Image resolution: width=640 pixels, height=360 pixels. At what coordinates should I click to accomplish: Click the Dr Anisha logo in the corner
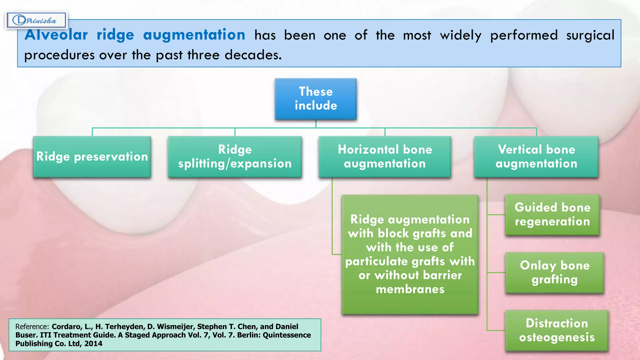click(36, 21)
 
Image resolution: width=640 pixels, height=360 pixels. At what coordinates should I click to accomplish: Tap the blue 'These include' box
click(316, 99)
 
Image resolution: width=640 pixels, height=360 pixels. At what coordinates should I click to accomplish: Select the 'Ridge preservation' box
click(92, 157)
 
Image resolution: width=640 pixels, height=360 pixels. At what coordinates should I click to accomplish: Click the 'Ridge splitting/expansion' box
click(235, 157)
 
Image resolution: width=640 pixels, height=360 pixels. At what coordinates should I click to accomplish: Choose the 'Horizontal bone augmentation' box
click(385, 157)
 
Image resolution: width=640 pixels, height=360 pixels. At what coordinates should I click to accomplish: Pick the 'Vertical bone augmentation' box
click(536, 157)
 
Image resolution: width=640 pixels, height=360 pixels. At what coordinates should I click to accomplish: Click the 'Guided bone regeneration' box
click(552, 215)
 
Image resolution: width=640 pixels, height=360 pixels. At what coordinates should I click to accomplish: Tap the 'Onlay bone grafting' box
click(554, 272)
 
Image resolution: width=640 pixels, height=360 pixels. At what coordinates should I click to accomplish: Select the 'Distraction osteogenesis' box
click(557, 330)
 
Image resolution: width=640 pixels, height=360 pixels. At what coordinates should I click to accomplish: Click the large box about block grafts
click(410, 254)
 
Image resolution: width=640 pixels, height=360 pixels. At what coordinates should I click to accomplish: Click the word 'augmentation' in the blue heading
click(194, 35)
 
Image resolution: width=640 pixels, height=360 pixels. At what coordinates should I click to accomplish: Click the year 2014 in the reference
click(93, 343)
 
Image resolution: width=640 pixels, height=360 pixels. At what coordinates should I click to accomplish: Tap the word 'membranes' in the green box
click(410, 289)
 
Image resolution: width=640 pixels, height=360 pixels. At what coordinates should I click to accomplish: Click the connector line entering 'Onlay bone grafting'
click(496, 272)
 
